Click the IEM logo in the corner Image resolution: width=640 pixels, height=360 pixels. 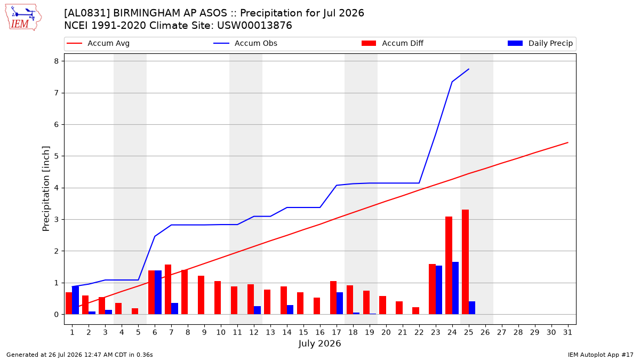coord(23,17)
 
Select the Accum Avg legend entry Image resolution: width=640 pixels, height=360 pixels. coord(98,43)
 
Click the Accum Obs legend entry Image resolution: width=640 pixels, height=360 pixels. coord(245,43)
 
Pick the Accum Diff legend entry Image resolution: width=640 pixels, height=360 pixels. coord(393,43)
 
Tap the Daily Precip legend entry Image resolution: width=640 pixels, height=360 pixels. coord(540,43)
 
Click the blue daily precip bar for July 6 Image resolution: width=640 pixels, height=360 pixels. coord(158,292)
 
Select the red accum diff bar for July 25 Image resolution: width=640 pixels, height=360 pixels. coord(465,262)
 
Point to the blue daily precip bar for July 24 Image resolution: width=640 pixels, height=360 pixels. coord(455,288)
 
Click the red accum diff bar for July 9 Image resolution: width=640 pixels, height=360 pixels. coord(201,295)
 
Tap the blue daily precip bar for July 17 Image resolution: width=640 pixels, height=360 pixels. coord(340,303)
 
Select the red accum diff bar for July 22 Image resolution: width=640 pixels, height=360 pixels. coord(415,311)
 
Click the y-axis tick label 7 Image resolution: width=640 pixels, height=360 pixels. coord(56,93)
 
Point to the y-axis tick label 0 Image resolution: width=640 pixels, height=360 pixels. coord(56,315)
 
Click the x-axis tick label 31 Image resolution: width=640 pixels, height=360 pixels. coord(567,332)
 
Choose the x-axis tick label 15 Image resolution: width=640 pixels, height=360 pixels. coord(303,332)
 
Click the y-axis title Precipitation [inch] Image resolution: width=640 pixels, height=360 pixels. coord(46,189)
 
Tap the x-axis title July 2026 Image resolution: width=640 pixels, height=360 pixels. coord(319,343)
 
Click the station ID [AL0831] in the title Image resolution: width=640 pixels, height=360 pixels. coord(87,13)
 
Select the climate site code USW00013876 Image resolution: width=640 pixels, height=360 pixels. coord(254,26)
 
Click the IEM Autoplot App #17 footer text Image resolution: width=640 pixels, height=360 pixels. coord(601,355)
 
